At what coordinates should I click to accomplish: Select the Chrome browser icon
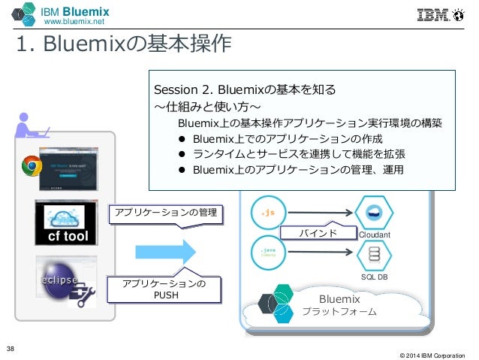click(x=31, y=166)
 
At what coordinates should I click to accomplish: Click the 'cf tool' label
click(x=64, y=236)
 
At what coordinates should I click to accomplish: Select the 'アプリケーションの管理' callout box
click(x=166, y=214)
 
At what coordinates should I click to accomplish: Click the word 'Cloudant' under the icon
click(x=375, y=234)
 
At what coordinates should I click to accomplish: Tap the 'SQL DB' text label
click(x=373, y=277)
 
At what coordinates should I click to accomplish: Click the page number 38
click(x=11, y=347)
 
